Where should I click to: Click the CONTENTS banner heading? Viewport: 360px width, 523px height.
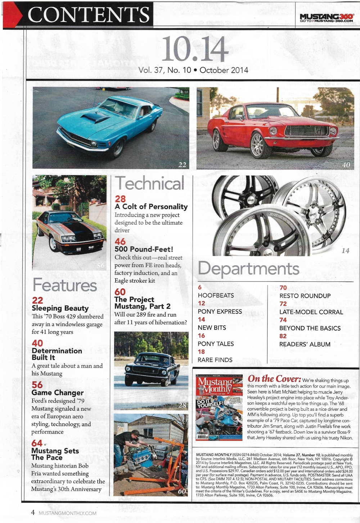[89, 15]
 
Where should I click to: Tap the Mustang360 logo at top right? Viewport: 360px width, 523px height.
[327, 18]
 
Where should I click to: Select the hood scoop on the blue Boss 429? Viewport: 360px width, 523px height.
[95, 118]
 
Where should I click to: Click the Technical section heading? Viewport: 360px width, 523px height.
[150, 183]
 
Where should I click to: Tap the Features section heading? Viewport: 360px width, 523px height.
[65, 285]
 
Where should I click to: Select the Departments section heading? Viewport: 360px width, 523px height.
[248, 269]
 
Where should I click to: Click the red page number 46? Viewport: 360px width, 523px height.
[120, 241]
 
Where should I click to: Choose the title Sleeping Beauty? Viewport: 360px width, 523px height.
[60, 308]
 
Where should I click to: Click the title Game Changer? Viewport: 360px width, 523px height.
[58, 393]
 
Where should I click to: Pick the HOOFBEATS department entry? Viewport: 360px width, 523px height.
[216, 295]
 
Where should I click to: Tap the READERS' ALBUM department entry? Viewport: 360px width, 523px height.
[305, 344]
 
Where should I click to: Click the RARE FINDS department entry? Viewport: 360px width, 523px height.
[215, 360]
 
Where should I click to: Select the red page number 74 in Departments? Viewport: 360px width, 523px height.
[283, 320]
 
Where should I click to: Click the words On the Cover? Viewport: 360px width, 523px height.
[274, 379]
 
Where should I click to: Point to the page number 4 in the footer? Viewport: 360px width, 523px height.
[33, 512]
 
